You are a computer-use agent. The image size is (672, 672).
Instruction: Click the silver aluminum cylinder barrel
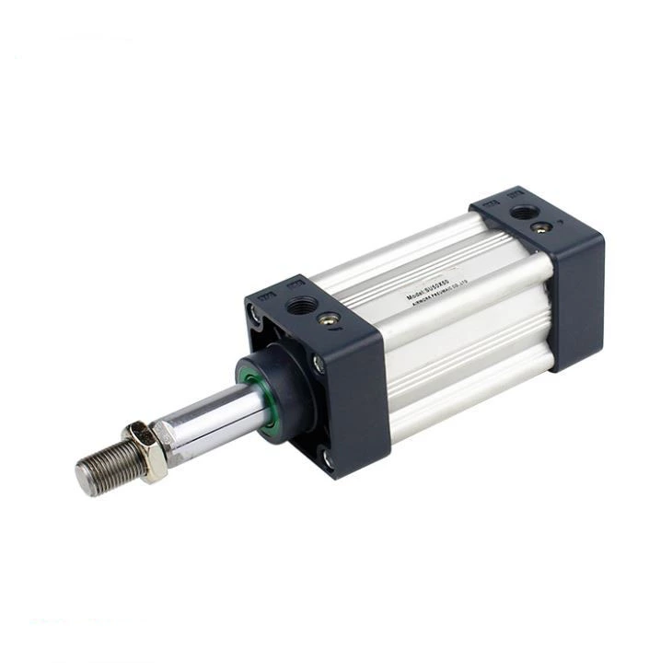pyautogui.click(x=460, y=331)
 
